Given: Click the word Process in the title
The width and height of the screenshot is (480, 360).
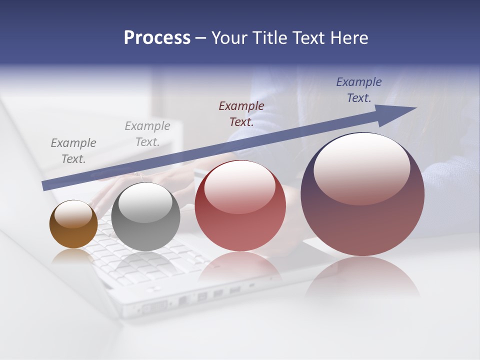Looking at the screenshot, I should (x=157, y=38).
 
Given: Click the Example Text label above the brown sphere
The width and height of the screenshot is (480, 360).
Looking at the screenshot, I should (x=73, y=150).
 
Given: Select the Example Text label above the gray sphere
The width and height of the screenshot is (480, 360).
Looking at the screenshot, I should (x=147, y=133).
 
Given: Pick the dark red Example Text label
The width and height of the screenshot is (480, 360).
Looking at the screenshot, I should (x=241, y=113).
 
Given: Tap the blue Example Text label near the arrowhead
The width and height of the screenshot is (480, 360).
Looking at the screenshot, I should (x=359, y=90).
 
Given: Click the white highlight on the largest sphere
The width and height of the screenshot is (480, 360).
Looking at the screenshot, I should (x=362, y=169).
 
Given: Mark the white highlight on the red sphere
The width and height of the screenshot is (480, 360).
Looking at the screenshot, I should (x=239, y=187).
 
